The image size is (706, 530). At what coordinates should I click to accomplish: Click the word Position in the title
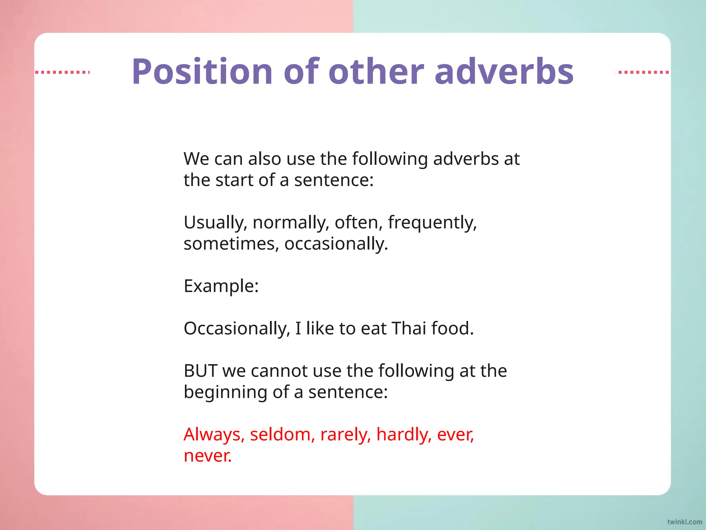click(x=202, y=71)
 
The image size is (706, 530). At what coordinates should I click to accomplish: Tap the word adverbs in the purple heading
click(x=504, y=71)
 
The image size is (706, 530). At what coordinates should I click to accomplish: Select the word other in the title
click(x=376, y=71)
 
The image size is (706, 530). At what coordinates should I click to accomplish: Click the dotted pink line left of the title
click(x=62, y=72)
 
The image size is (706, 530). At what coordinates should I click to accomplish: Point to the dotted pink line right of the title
click(x=643, y=72)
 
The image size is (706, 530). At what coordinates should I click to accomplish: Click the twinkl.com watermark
click(x=684, y=522)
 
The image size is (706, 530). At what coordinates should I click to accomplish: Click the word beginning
click(x=225, y=392)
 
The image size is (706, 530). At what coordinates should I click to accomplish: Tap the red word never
click(x=208, y=456)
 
